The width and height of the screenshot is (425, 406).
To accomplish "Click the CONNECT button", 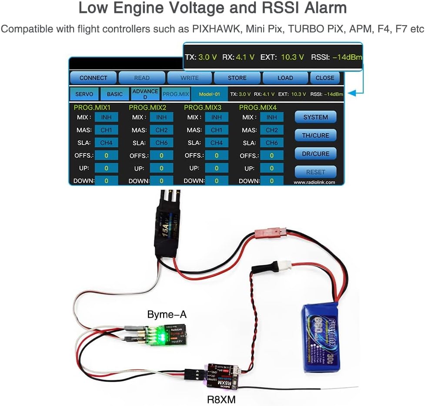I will [93, 78].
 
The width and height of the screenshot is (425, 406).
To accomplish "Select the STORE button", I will [237, 78].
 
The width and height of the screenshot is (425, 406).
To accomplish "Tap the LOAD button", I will [285, 78].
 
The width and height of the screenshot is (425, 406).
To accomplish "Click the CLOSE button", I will [325, 78].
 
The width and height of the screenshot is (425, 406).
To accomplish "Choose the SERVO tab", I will [84, 94].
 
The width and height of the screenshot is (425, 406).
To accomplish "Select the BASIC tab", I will [115, 94].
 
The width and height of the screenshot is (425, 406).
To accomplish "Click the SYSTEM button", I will [315, 117].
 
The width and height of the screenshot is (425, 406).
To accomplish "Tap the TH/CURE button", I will [315, 135].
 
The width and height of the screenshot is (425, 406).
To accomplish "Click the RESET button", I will [315, 172].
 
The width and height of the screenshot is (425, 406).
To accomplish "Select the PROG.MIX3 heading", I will [203, 107].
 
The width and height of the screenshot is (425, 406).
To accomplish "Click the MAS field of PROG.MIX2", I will [161, 130].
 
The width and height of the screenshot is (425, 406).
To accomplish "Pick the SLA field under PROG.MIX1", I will [106, 143].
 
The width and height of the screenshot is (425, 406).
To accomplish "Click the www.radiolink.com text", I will [314, 182].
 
